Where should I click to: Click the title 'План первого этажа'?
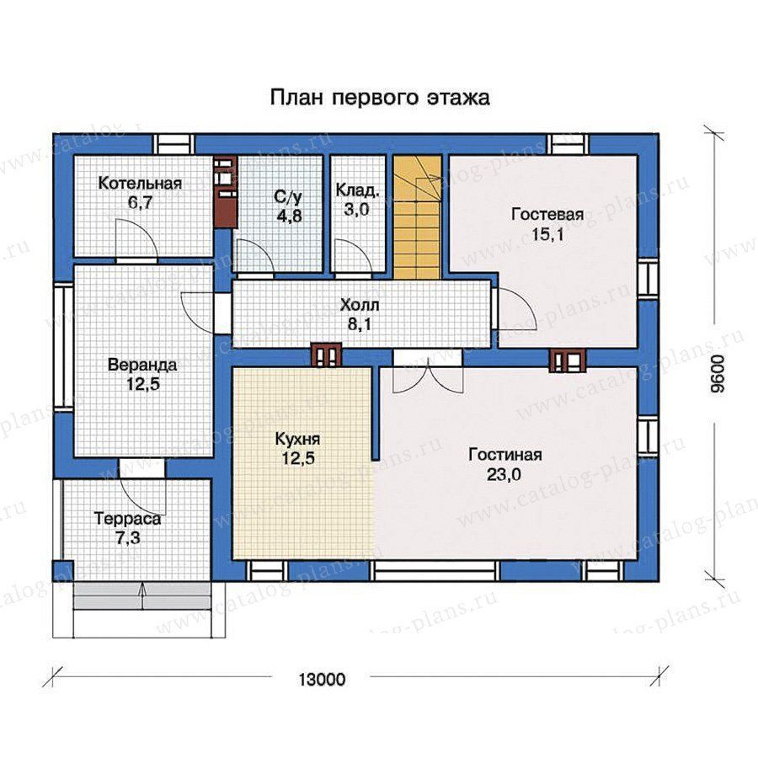tap(380, 97)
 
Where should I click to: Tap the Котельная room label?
tap(140, 184)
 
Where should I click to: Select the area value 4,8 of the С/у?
tap(289, 215)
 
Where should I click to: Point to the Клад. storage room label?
tap(358, 190)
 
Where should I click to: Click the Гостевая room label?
tap(547, 214)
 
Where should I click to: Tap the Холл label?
tap(360, 305)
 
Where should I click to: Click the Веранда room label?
tap(142, 364)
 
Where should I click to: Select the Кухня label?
tap(298, 439)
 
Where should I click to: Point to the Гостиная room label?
tap(505, 455)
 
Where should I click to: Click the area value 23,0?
tap(504, 475)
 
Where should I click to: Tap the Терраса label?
tap(128, 519)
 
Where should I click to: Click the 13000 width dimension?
tap(322, 679)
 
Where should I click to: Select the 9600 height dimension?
tap(720, 373)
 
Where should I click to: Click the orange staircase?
tap(418, 217)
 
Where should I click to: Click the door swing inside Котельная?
tap(136, 238)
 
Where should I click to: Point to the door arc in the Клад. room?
tap(354, 256)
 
